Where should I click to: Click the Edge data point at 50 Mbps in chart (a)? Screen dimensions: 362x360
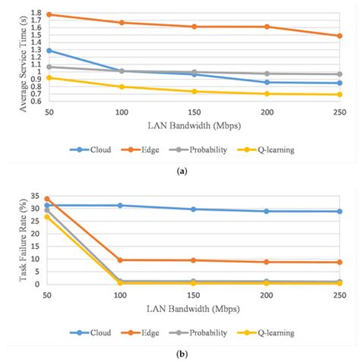(49, 14)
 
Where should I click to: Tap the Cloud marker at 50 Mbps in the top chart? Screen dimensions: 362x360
(49, 50)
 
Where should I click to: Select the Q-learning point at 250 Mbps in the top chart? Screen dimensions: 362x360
(339, 94)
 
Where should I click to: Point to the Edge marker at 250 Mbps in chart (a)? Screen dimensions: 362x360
(339, 36)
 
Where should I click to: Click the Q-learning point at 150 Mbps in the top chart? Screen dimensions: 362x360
(194, 91)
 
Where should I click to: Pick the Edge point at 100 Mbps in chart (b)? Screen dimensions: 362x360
(121, 260)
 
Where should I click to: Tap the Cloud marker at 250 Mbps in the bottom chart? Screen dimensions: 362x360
(339, 211)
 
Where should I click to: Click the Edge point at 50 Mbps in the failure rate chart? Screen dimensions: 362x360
(48, 199)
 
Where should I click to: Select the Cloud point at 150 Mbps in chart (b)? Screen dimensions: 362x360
(194, 209)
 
